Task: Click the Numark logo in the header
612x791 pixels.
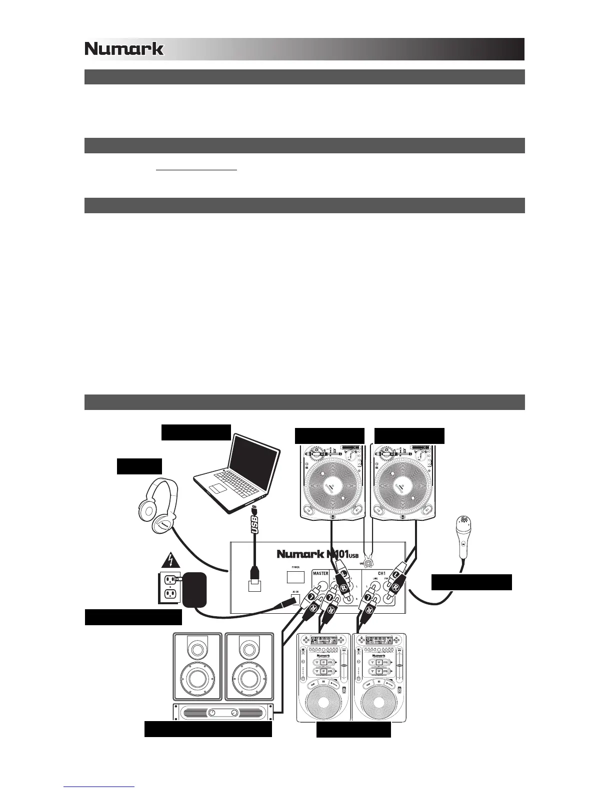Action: (x=124, y=49)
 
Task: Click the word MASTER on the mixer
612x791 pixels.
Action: (x=320, y=573)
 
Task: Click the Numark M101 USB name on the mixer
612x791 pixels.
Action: (x=316, y=554)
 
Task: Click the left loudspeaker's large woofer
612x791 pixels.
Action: (x=197, y=679)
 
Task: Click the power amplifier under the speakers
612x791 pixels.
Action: (x=224, y=712)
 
